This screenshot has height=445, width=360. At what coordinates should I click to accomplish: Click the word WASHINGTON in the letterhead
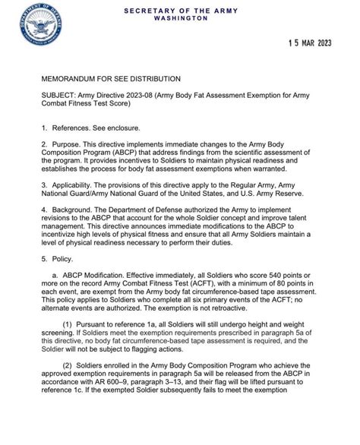(179, 18)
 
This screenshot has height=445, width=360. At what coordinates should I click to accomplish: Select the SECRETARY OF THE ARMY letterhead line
(179, 10)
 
